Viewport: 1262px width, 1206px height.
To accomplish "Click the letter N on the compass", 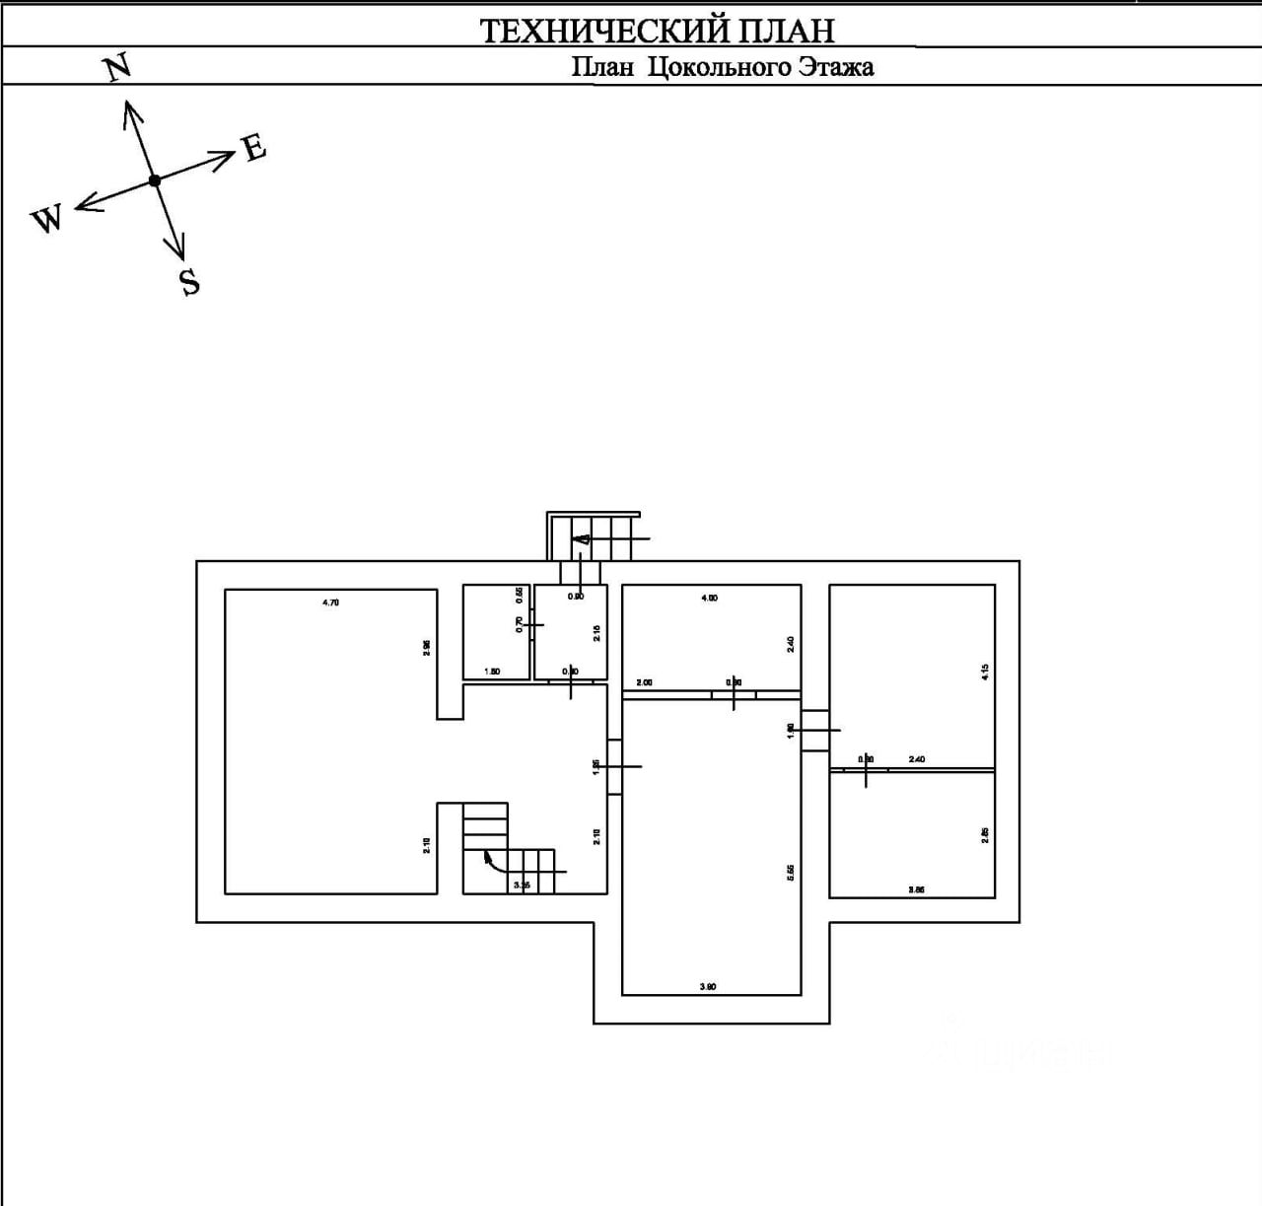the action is click(x=117, y=68).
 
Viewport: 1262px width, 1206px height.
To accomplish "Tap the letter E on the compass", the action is click(x=254, y=148).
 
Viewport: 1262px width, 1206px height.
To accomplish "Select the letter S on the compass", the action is click(x=189, y=282).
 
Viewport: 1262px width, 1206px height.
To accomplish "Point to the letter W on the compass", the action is click(x=46, y=219).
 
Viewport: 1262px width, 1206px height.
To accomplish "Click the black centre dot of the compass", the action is click(x=155, y=180).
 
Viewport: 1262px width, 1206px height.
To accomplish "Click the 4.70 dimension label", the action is click(x=330, y=602).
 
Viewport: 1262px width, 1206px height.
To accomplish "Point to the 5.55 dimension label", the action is click(x=791, y=874).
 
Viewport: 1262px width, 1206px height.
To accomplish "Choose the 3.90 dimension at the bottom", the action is click(x=707, y=986).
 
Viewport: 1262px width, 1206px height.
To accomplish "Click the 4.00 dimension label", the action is click(x=709, y=598).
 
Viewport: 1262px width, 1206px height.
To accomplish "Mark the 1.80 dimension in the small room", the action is click(x=492, y=672).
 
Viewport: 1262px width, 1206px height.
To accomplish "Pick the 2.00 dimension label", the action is click(x=644, y=682).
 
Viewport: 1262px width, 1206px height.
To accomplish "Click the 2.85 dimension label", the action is click(x=985, y=834).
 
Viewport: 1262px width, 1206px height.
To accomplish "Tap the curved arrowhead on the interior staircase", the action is click(x=488, y=857).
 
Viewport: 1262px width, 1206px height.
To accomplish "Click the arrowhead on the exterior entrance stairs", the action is click(x=581, y=538).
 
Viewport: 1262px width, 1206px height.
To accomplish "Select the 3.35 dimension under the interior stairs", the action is click(x=522, y=886).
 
